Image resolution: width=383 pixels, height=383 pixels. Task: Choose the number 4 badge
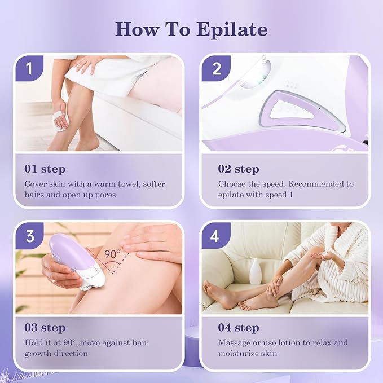tap(214, 235)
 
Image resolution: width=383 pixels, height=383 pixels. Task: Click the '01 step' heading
tap(45, 169)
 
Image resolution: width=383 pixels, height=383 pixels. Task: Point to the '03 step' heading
tap(45, 328)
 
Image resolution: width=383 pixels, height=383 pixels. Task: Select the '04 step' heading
tap(239, 328)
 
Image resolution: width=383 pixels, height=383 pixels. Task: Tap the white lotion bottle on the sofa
tap(256, 271)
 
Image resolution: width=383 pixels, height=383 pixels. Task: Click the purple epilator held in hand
tap(76, 259)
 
